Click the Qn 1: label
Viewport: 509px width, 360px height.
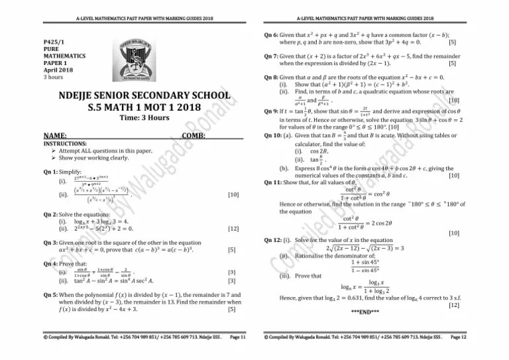tap(52, 172)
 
